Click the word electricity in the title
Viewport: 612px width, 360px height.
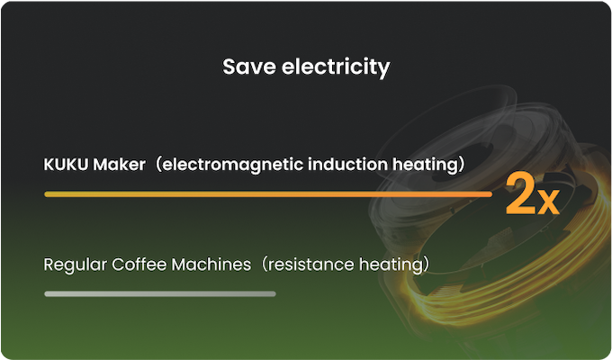[336, 67]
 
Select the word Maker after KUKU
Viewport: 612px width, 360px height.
[119, 165]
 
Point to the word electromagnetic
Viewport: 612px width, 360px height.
[232, 166]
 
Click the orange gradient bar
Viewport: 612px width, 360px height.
[268, 194]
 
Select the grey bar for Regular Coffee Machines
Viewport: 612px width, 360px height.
[160, 293]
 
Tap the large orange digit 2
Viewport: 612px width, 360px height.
[519, 194]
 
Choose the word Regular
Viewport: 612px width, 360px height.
[75, 265]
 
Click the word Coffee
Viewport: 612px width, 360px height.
[139, 265]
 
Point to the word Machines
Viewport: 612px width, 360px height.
[211, 265]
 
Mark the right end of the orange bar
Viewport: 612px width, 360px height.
[491, 194]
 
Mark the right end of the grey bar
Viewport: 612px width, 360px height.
[275, 293]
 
